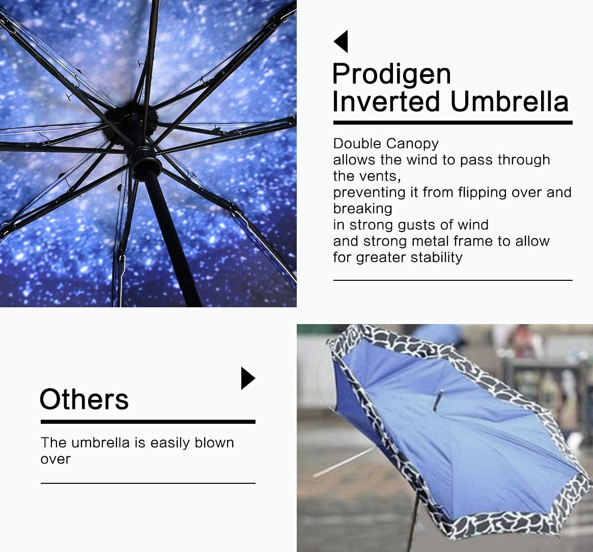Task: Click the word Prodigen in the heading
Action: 391,74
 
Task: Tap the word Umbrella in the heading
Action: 509,101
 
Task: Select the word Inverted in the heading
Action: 387,101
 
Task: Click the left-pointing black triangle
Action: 342,41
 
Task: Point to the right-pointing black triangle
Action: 247,379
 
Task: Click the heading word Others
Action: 84,399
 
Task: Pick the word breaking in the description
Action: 362,209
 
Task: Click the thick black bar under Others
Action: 148,422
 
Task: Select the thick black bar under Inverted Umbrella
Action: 453,123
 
